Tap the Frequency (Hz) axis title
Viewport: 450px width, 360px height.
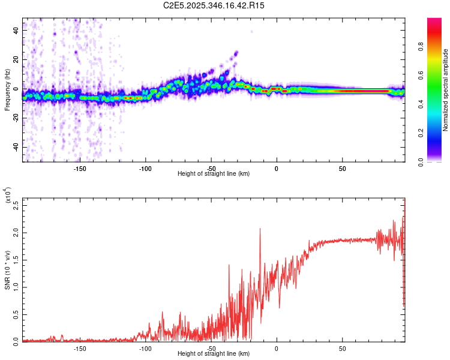pos(8,90)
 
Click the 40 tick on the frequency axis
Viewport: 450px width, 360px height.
pos(16,31)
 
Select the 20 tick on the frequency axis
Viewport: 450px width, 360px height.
pos(16,60)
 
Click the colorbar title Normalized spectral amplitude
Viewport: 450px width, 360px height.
pos(446,90)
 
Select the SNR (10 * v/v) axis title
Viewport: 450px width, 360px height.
pos(8,270)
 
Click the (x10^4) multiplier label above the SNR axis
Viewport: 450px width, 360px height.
pos(8,196)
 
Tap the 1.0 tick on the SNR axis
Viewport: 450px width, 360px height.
pos(16,286)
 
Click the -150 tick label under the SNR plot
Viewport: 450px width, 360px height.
pos(80,349)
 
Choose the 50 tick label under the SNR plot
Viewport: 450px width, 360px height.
pos(342,349)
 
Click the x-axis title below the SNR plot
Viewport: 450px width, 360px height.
pos(214,355)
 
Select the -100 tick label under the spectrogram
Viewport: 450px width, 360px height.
pos(145,169)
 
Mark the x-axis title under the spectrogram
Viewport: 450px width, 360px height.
pos(214,174)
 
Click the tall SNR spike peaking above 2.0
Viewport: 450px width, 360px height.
pos(260,229)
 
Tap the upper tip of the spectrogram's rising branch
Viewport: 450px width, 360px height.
pos(236,53)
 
